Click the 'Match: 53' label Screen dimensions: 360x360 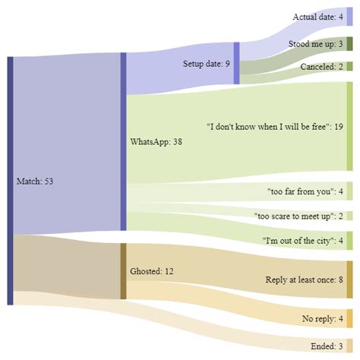tap(34, 182)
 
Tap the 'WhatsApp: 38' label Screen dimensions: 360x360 tap(156, 141)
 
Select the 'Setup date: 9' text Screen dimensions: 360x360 tap(207, 64)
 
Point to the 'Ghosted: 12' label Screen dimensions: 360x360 tap(152, 271)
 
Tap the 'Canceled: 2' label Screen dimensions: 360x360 tap(321, 67)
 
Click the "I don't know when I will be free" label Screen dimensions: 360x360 tap(275, 126)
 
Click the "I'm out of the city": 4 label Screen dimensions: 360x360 tap(302, 241)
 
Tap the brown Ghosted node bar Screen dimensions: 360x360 tap(123, 271)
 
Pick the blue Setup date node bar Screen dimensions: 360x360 tap(236, 63)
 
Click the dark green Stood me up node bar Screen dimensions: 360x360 tap(349, 44)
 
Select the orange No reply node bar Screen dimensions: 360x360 tap(349, 317)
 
